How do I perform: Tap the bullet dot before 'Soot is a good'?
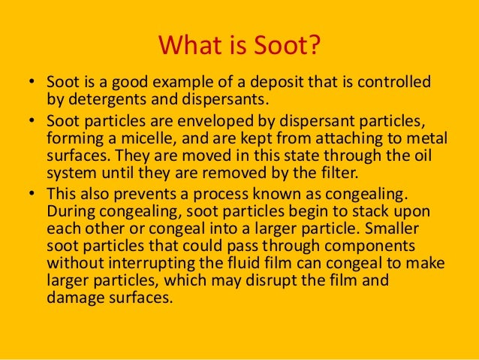[x=34, y=82]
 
